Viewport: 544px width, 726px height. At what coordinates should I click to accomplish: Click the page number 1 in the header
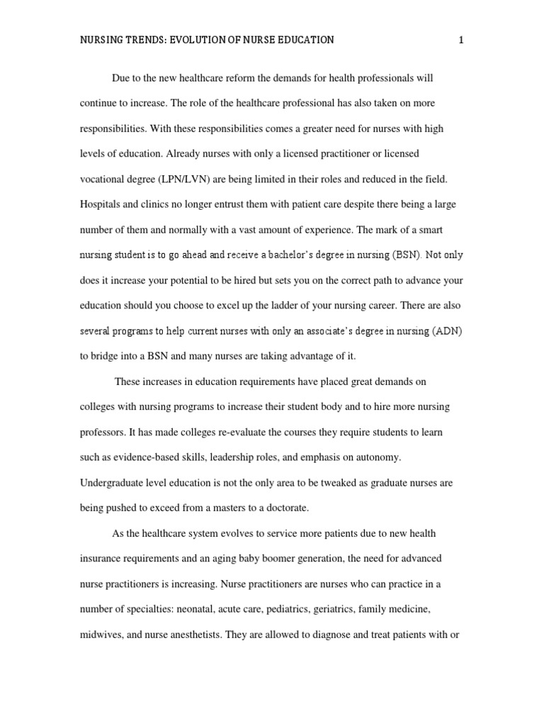pyautogui.click(x=461, y=40)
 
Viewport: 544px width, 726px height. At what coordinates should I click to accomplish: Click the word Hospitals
pyautogui.click(x=101, y=204)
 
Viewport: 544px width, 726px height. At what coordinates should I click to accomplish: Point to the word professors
pyautogui.click(x=101, y=432)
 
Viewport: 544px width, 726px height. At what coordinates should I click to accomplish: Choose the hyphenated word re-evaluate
pyautogui.click(x=231, y=432)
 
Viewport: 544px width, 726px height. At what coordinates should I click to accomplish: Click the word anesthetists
pyautogui.click(x=193, y=635)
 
